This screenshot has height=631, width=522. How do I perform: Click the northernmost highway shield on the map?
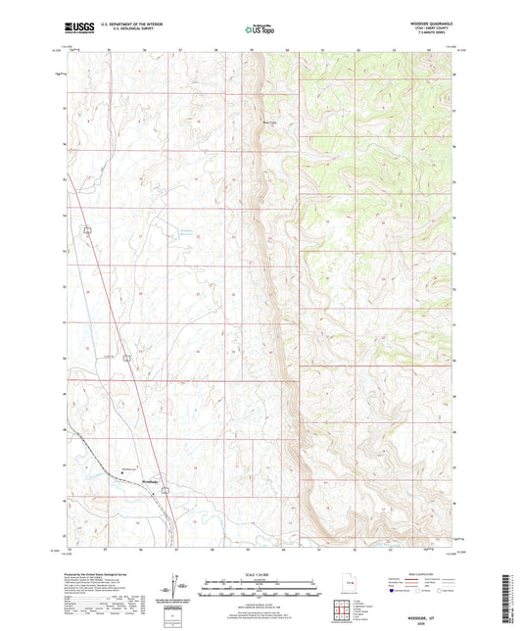pos(87,229)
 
